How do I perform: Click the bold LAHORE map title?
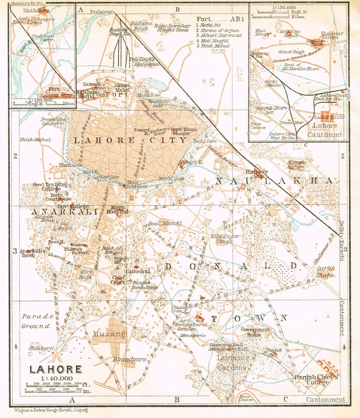point(55,370)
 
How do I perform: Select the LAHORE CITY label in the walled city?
point(130,140)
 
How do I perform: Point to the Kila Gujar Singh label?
point(222,239)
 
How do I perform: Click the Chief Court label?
point(118,280)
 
